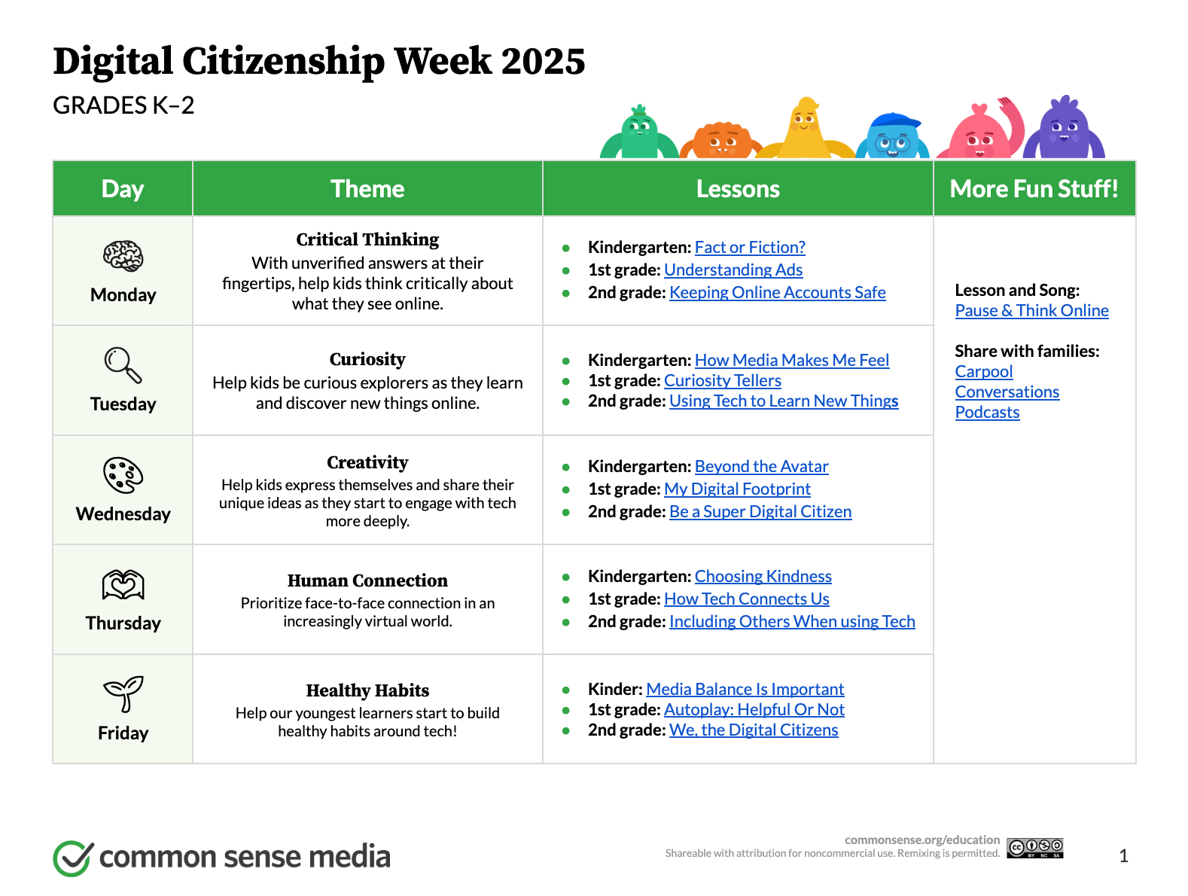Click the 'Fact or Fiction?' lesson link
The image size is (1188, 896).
click(749, 247)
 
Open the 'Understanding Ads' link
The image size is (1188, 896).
click(733, 270)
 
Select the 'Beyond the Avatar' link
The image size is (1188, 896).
click(761, 466)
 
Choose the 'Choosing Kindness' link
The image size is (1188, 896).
click(763, 576)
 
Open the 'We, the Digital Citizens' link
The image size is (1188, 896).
click(754, 730)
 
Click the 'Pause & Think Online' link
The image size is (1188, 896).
click(1031, 310)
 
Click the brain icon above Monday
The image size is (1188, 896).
click(123, 255)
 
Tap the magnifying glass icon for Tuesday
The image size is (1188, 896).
click(123, 364)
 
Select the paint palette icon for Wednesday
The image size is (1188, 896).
click(123, 475)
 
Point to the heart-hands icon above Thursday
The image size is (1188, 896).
click(123, 584)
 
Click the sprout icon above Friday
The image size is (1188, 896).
click(123, 693)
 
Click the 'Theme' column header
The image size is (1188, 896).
click(367, 189)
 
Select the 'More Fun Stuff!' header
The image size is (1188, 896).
click(1034, 189)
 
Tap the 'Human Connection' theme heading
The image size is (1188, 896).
click(367, 580)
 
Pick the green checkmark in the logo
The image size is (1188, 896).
click(73, 857)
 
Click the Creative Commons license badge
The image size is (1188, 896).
click(1035, 848)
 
